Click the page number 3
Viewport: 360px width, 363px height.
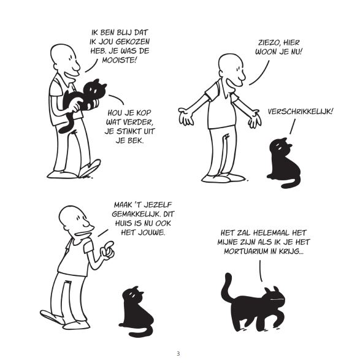coord(178,354)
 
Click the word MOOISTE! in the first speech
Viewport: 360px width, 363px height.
coord(120,60)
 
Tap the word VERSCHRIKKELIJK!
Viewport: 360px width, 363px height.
coord(301,112)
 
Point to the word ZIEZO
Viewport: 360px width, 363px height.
coord(269,42)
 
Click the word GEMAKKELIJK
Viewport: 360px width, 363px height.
coord(136,214)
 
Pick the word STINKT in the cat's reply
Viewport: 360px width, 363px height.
coord(129,131)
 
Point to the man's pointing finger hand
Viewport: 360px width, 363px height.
coord(107,250)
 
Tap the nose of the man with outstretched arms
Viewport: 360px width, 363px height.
coord(242,75)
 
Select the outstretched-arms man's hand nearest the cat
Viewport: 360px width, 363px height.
coord(255,119)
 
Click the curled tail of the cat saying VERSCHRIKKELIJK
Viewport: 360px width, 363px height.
coord(291,183)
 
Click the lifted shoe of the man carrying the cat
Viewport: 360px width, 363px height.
coord(90,168)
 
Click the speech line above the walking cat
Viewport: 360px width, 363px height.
coord(261,270)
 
